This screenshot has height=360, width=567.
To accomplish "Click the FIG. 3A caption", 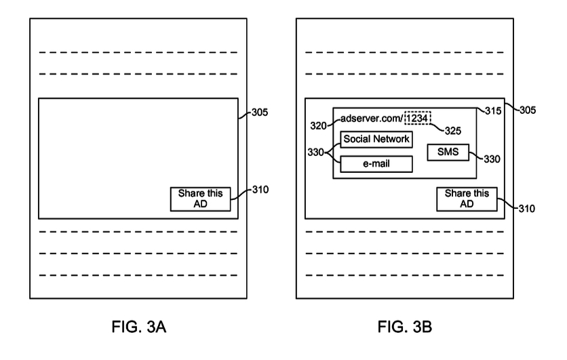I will click(139, 329).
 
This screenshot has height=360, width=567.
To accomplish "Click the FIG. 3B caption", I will click(405, 329).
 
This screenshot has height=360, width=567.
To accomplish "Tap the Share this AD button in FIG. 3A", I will click(200, 199).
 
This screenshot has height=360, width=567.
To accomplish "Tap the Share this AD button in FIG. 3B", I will click(467, 199).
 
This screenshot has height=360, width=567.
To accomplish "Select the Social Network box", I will click(376, 140).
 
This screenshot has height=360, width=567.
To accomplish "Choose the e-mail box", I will click(376, 163).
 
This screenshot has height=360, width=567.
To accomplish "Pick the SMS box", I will click(448, 153).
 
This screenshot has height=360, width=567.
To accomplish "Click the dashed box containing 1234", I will click(418, 118).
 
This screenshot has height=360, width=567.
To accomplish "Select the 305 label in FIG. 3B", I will click(525, 110).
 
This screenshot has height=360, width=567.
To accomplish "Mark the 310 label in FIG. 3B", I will click(526, 208).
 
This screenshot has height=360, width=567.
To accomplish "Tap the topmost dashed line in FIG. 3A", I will click(138, 52).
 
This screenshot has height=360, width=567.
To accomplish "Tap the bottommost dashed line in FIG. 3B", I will click(404, 275).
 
